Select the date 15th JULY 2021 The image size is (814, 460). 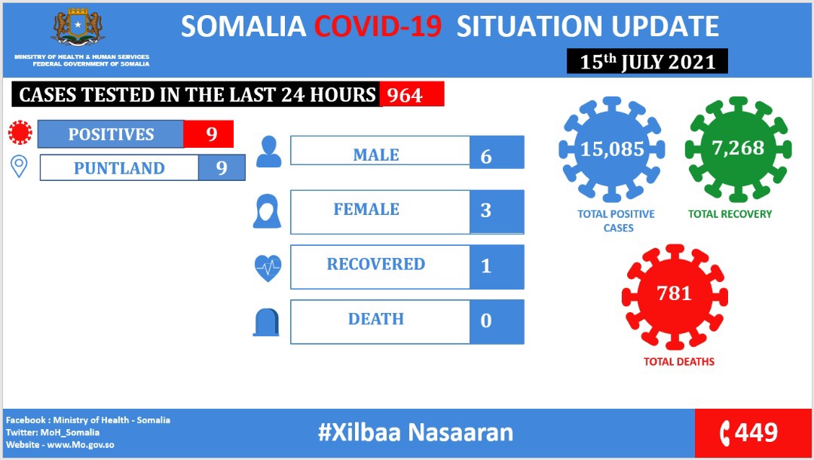647,61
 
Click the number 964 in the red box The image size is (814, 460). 405,95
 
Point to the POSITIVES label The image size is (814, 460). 111,134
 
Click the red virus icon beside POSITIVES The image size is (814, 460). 20,133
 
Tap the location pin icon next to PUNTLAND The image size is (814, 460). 19,167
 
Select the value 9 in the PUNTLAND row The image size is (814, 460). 222,167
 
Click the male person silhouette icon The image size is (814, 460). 269,152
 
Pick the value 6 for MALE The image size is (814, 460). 486,156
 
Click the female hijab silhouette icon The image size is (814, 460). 268,211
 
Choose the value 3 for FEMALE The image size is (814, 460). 486,210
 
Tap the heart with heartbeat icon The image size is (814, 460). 268,268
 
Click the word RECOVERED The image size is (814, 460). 376,264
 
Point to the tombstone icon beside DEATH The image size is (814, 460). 266,323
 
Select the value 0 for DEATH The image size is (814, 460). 486,320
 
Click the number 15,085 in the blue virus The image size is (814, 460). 612,149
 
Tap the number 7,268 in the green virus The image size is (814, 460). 738,148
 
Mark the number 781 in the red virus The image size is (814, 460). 675,293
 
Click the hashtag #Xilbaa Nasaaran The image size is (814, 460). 415,432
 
